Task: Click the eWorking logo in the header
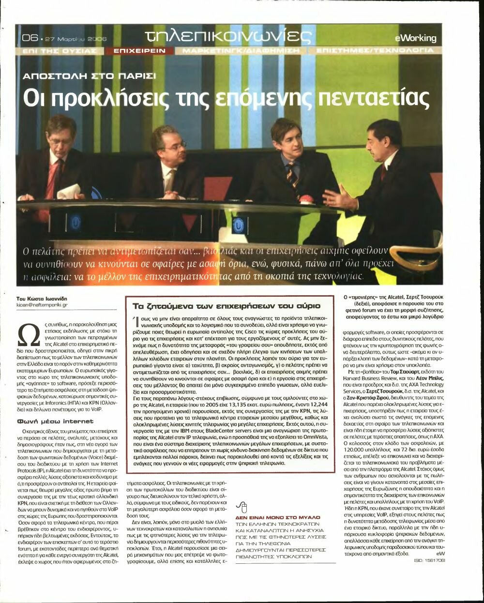pyautogui.click(x=415, y=38)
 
